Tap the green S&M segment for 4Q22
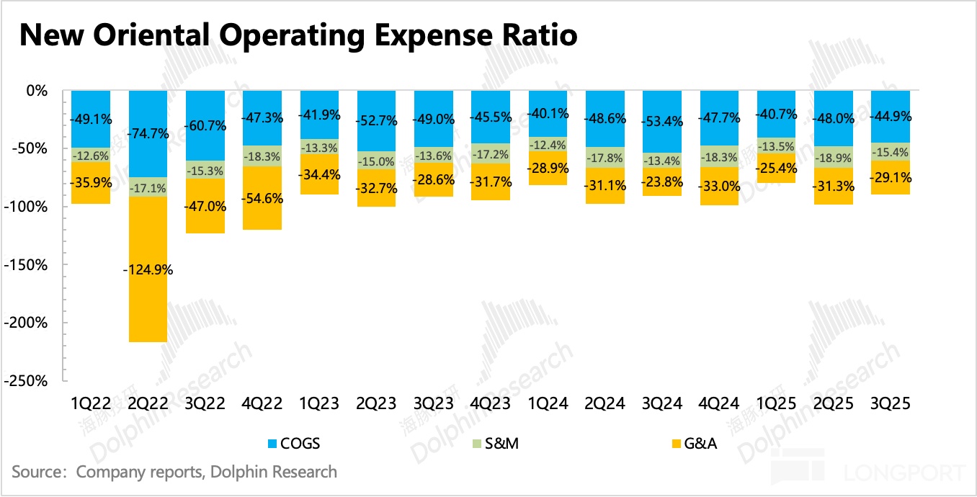(x=262, y=156)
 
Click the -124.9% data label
(x=148, y=270)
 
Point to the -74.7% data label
(x=148, y=133)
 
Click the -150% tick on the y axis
(x=27, y=265)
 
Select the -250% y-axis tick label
(x=27, y=381)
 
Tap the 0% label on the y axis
(x=36, y=91)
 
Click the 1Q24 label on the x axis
(x=548, y=404)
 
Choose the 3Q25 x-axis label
(x=891, y=404)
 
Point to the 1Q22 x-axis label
(x=90, y=404)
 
